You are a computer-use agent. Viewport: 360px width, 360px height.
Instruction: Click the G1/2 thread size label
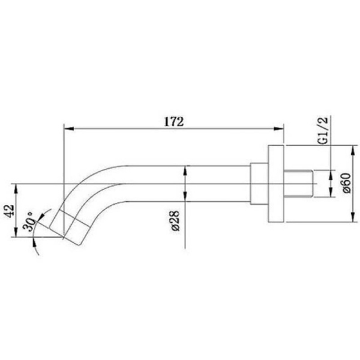[322, 131]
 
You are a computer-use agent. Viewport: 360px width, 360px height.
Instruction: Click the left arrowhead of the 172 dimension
[68, 128]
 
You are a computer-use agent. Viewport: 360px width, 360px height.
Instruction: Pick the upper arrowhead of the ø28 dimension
[186, 169]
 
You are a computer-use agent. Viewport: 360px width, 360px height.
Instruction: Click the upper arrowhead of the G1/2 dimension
[329, 175]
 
